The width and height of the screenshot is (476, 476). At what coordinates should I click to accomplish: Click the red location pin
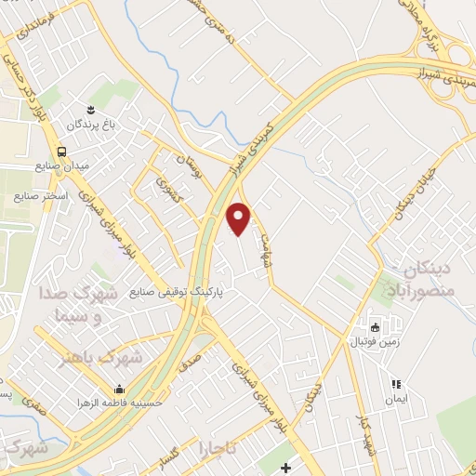(x=239, y=218)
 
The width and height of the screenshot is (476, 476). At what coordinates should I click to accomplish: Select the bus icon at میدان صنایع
(x=60, y=152)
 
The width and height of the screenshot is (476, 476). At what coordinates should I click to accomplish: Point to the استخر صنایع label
(x=38, y=197)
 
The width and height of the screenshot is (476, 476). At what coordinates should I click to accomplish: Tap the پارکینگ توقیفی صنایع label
(x=183, y=290)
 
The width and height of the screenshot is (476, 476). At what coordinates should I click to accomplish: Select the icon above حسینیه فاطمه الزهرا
(x=119, y=389)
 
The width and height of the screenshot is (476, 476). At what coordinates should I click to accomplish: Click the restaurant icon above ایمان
(x=395, y=383)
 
